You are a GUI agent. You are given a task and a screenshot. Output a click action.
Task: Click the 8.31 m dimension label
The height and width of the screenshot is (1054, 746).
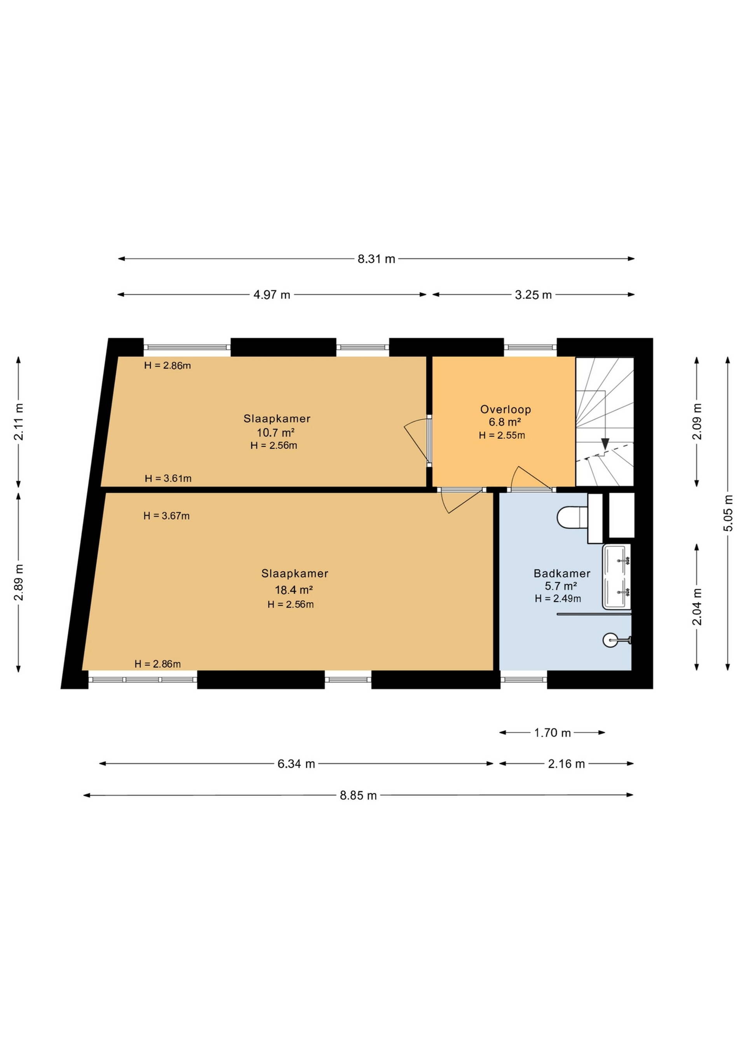coord(376,259)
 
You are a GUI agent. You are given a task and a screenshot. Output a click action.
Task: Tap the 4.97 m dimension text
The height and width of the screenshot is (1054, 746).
coord(272,295)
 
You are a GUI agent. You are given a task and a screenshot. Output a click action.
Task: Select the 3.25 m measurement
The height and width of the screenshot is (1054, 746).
coord(533,295)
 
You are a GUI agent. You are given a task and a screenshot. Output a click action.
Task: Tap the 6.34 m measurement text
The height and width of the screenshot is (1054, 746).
coord(296,764)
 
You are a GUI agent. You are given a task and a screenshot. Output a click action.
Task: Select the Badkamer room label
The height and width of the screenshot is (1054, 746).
coord(562,573)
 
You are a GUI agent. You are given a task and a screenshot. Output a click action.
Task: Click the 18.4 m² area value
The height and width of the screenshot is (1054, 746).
coord(294,590)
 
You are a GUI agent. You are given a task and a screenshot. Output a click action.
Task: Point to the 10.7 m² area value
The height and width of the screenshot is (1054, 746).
coord(275,432)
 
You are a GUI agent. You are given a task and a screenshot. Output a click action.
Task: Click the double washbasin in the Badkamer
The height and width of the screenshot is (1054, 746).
coord(617,577)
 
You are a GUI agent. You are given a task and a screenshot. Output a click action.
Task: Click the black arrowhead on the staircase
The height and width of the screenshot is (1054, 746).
coord(605,444)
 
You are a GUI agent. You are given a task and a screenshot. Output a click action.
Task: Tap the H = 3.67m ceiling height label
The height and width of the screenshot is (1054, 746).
coord(166,516)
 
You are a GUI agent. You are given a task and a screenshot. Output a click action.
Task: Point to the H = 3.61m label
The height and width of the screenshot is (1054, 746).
coord(168,478)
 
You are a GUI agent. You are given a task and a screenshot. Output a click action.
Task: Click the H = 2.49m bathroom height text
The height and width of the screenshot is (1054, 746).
coord(558,598)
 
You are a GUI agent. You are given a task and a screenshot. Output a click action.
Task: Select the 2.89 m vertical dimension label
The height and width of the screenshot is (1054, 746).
coord(18,583)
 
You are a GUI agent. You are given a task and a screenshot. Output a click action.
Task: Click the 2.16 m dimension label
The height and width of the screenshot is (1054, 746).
coord(566,764)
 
